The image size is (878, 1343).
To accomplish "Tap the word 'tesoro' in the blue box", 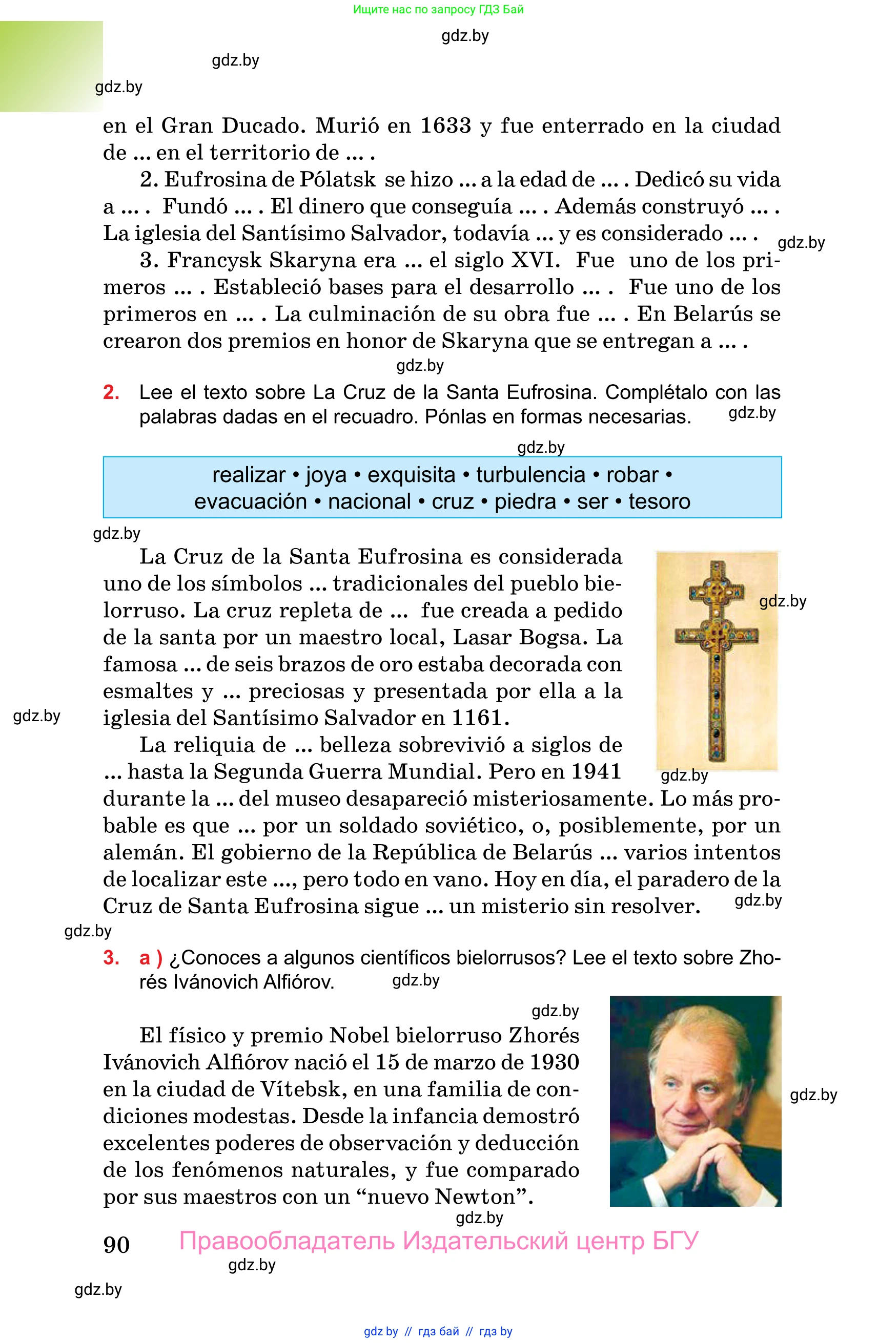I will (659, 501).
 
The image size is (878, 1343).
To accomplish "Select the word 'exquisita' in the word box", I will (411, 475).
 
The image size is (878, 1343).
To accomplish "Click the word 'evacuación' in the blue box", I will (251, 501).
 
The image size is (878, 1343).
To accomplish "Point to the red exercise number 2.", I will (111, 392).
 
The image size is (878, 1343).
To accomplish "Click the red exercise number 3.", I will (111, 958).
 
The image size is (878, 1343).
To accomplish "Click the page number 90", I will (116, 1244).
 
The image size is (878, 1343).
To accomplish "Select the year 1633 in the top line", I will (445, 126).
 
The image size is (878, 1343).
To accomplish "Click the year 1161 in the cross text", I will (477, 718).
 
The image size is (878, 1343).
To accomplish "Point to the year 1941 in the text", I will (596, 771).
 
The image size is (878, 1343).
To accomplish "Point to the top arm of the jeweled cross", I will (717, 593).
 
